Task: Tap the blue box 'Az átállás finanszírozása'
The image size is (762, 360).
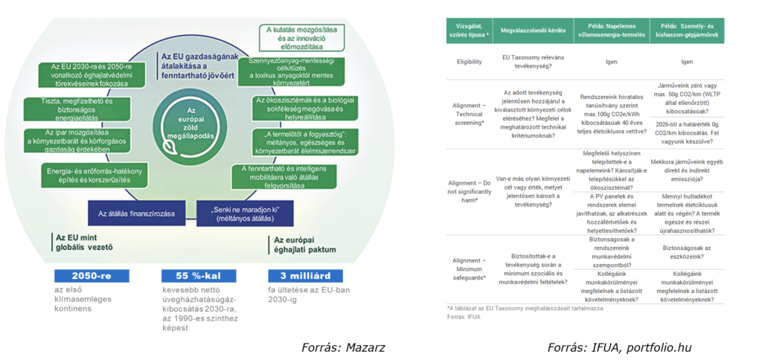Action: pos(136,213)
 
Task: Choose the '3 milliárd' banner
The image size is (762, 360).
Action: pos(300,275)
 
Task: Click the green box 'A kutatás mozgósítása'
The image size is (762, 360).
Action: pos(303,33)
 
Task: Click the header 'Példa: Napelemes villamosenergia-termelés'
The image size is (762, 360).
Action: pos(612,30)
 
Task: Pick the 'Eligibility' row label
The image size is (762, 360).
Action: pos(470,62)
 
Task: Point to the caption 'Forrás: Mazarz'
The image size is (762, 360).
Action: pos(343,347)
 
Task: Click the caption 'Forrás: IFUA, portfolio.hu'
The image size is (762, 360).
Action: pos(620,347)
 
